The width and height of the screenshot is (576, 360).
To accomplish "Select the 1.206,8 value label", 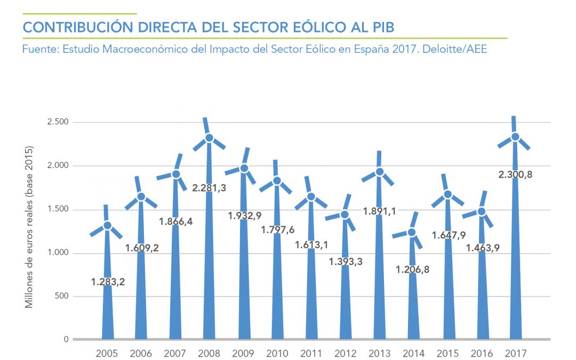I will tap(412, 269).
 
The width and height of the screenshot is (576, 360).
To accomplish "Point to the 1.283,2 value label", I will tap(108, 282).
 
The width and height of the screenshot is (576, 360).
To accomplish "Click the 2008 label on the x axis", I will tap(209, 353).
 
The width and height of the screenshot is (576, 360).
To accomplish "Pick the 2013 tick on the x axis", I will tap(379, 353).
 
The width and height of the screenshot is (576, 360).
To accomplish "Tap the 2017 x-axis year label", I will tap(515, 353).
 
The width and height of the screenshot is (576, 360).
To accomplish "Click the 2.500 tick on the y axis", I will tap(58, 122).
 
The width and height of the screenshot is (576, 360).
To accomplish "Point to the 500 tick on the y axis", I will tap(62, 296).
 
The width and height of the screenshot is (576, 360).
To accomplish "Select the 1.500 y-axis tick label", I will tap(58, 209).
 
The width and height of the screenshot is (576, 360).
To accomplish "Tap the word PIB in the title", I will tap(382, 28).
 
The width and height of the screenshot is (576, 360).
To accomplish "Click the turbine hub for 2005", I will tap(107, 226).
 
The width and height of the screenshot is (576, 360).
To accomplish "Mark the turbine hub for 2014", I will tap(412, 233).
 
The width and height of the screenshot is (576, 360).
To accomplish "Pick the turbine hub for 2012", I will tap(345, 214).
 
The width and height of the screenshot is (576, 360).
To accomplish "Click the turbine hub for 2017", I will tap(515, 137).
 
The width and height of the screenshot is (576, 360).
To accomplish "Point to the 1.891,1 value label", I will tap(379, 211).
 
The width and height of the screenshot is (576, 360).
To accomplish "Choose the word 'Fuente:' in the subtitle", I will tap(41, 50).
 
